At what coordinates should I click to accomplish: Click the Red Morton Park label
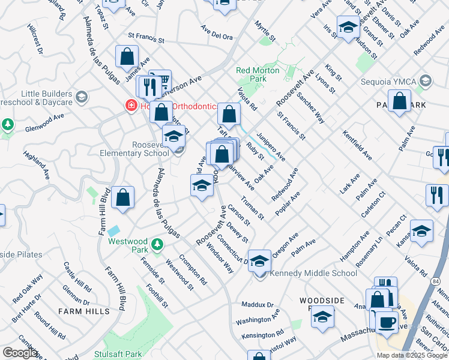pyautogui.click(x=258, y=74)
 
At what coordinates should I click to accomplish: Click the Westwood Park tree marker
pyautogui.click(x=157, y=244)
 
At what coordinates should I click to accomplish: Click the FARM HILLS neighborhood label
pyautogui.click(x=84, y=311)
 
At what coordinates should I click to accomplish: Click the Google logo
pyautogui.click(x=20, y=353)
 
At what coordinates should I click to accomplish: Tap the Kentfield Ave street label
pyautogui.click(x=357, y=145)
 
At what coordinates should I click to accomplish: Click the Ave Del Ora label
pyautogui.click(x=217, y=36)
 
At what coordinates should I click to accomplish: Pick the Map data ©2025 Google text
pyautogui.click(x=411, y=355)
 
